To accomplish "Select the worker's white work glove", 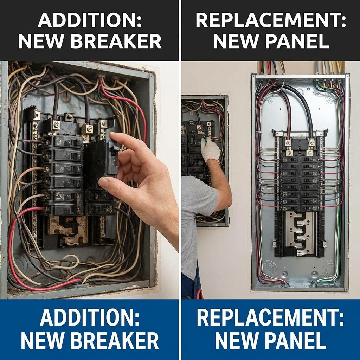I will coord(210,149).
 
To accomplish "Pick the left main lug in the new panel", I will coord(288,143).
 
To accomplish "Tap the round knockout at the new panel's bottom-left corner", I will coord(269,268).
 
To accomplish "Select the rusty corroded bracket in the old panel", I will coord(67,229).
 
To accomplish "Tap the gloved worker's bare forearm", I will coord(220,183).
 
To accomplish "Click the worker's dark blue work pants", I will coord(190,285).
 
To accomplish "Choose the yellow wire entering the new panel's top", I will coord(339,67).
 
